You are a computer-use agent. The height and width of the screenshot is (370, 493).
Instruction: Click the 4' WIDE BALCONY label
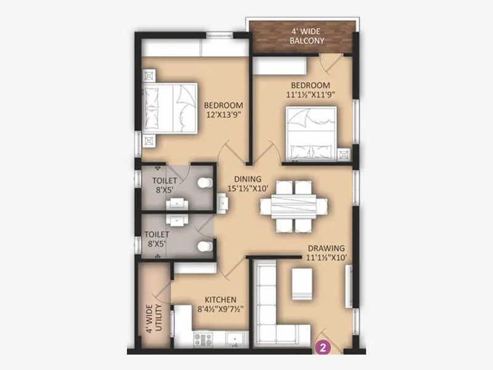coord(306,36)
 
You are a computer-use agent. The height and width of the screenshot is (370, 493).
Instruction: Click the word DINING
coord(247,179)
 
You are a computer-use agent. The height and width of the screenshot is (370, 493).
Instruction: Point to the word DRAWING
coord(325,249)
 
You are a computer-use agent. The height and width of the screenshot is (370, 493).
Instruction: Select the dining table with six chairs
coord(295,206)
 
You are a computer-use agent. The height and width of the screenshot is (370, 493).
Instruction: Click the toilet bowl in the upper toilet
coord(206,183)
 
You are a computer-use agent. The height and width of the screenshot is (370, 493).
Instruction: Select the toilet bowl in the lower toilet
coord(205,246)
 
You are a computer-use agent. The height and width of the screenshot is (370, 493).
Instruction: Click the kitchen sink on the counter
coord(234,338)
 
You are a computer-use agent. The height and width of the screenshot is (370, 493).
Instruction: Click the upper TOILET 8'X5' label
coord(165,185)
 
